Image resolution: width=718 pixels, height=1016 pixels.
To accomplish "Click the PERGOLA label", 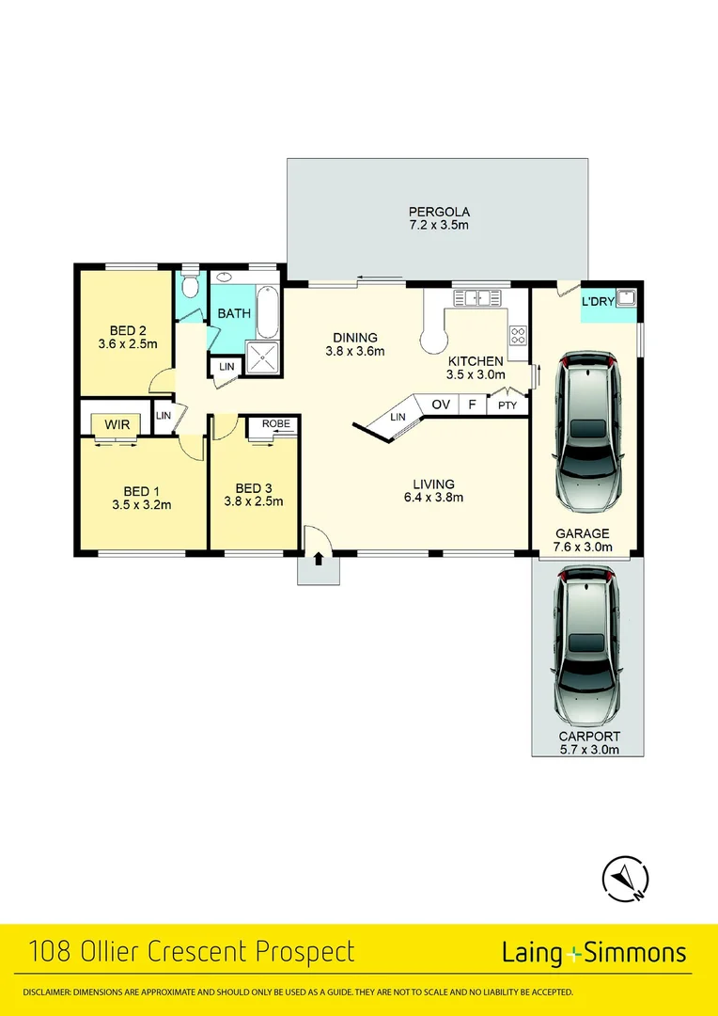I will coord(438,212).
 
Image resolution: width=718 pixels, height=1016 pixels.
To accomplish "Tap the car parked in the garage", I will coord(587,431).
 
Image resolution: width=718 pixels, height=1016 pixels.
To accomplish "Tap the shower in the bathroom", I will coord(263,358).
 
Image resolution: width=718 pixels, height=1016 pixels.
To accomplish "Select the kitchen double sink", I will coord(478,298).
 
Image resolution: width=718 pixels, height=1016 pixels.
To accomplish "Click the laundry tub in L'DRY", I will coord(624,300).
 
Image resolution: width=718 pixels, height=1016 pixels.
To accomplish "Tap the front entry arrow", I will coord(319,559).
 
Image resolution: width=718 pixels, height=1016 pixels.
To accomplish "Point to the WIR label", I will coord(117,425).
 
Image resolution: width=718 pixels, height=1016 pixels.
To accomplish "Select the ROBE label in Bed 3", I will coord(275,423).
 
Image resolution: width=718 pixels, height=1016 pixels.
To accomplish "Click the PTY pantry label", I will coord(507,405).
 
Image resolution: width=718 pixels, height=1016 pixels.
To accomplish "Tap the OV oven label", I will coord(440,405).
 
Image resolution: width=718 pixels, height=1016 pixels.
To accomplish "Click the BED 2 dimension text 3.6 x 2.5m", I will coord(128,344).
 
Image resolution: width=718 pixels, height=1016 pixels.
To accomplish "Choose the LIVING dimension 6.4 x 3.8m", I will coord(432,498).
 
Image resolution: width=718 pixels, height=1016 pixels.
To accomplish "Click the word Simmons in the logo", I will coord(635,953).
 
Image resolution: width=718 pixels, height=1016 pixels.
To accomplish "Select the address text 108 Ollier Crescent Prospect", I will coord(192,952).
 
